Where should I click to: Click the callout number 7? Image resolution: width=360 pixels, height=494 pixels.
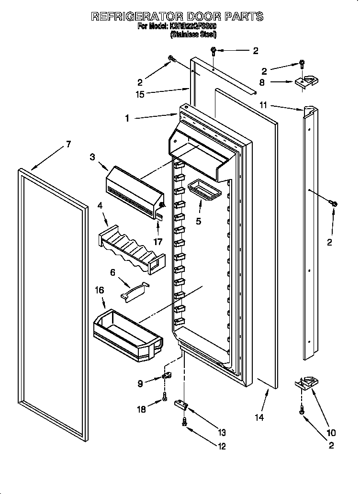click(68, 144)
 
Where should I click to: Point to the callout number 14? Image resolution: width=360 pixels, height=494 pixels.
click(259, 417)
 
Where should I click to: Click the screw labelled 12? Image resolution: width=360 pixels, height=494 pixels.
click(184, 422)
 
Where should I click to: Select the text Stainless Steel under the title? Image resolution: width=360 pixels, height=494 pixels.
click(193, 34)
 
